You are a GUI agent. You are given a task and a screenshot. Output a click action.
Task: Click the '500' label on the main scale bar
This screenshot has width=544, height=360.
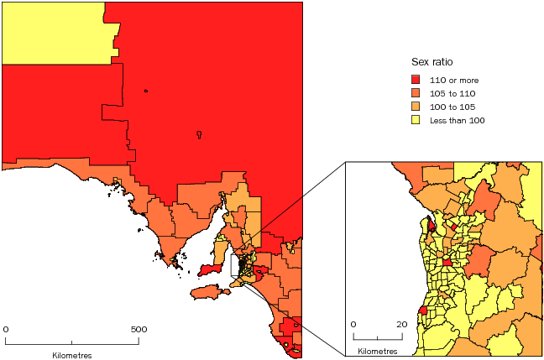point(139,329)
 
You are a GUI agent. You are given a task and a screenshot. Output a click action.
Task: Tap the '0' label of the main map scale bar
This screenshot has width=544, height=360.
point(6,329)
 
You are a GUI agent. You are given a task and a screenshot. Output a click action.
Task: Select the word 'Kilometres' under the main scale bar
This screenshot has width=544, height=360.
point(72,355)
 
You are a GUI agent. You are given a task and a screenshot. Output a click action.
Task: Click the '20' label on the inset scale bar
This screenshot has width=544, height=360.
point(402,324)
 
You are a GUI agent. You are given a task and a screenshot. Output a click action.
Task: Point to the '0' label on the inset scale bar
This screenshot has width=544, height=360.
point(353,324)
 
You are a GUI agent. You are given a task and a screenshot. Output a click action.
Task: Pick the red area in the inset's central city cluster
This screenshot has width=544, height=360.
point(447,263)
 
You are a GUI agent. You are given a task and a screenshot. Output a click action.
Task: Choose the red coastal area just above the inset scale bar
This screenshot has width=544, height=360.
point(423,310)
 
